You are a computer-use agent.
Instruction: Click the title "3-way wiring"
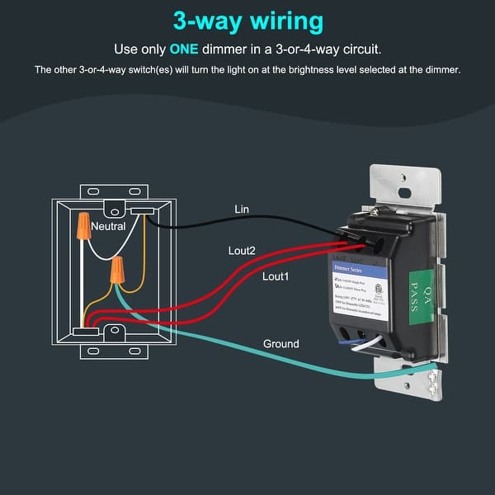point(247,20)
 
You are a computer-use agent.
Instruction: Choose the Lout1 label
point(276,277)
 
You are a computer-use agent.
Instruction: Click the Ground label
point(280,343)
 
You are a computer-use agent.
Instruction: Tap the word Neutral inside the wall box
point(108,225)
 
